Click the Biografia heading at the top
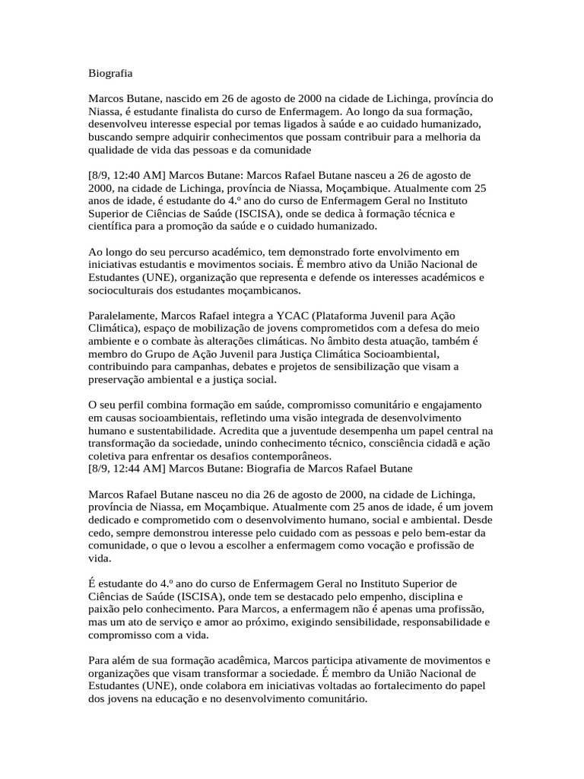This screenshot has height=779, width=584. [x=110, y=74]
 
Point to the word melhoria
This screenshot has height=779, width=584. [x=451, y=136]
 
